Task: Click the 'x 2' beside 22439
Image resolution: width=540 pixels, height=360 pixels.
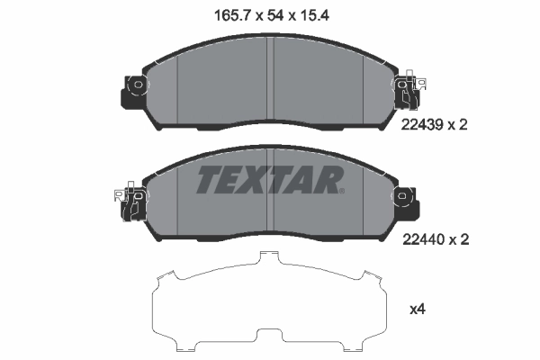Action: pos(461,127)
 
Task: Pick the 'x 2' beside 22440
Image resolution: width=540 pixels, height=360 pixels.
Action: pos(461,240)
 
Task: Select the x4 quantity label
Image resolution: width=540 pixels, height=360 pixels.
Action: pos(418,310)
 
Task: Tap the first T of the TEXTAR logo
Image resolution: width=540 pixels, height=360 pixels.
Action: pos(206,179)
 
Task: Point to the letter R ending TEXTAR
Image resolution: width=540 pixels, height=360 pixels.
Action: pos(328,179)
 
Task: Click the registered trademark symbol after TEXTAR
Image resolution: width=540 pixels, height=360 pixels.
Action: pos(341,190)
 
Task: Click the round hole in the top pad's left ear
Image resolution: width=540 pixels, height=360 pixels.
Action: pos(138,86)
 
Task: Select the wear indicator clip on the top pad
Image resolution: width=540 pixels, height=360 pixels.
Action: pos(409,94)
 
